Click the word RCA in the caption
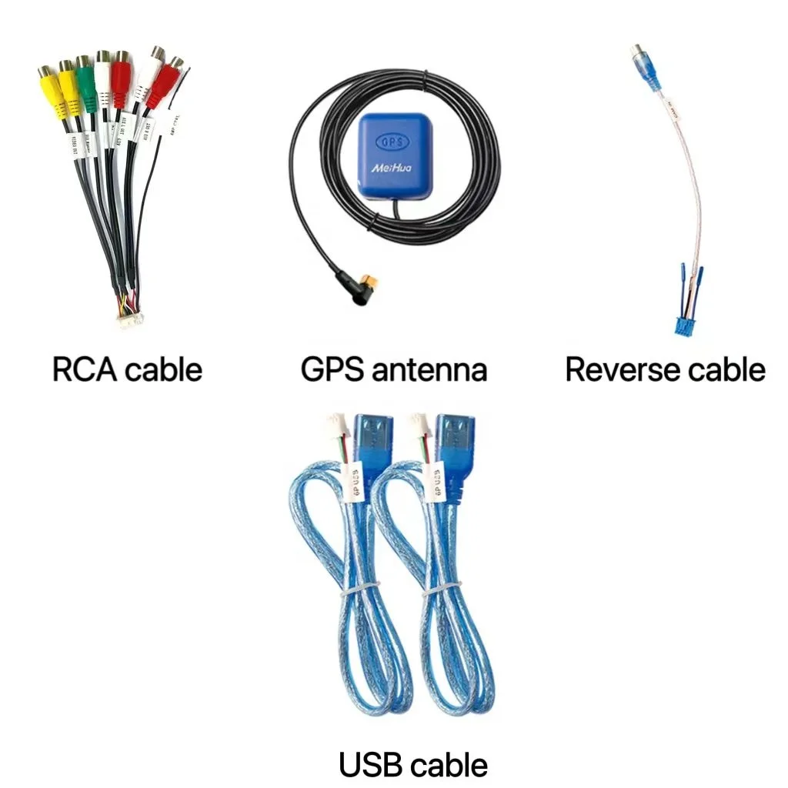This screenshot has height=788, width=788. (85, 370)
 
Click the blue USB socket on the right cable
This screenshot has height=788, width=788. (452, 444)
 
